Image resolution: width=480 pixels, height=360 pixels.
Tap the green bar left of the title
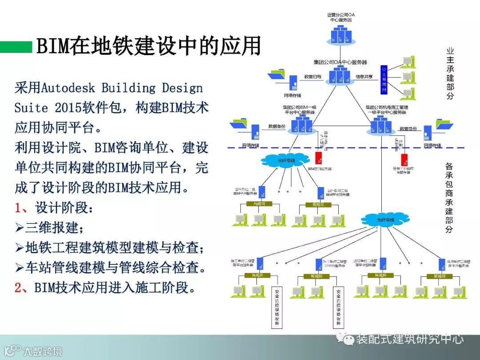16,47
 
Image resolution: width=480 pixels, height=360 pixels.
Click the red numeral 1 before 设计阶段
18,208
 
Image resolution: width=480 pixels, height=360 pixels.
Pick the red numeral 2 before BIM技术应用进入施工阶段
18,288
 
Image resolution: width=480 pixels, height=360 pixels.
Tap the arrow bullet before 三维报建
19,228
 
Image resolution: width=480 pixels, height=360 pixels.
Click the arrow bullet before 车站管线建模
19,268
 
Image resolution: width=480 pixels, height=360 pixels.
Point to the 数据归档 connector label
312,76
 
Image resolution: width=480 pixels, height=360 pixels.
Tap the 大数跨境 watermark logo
33,351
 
